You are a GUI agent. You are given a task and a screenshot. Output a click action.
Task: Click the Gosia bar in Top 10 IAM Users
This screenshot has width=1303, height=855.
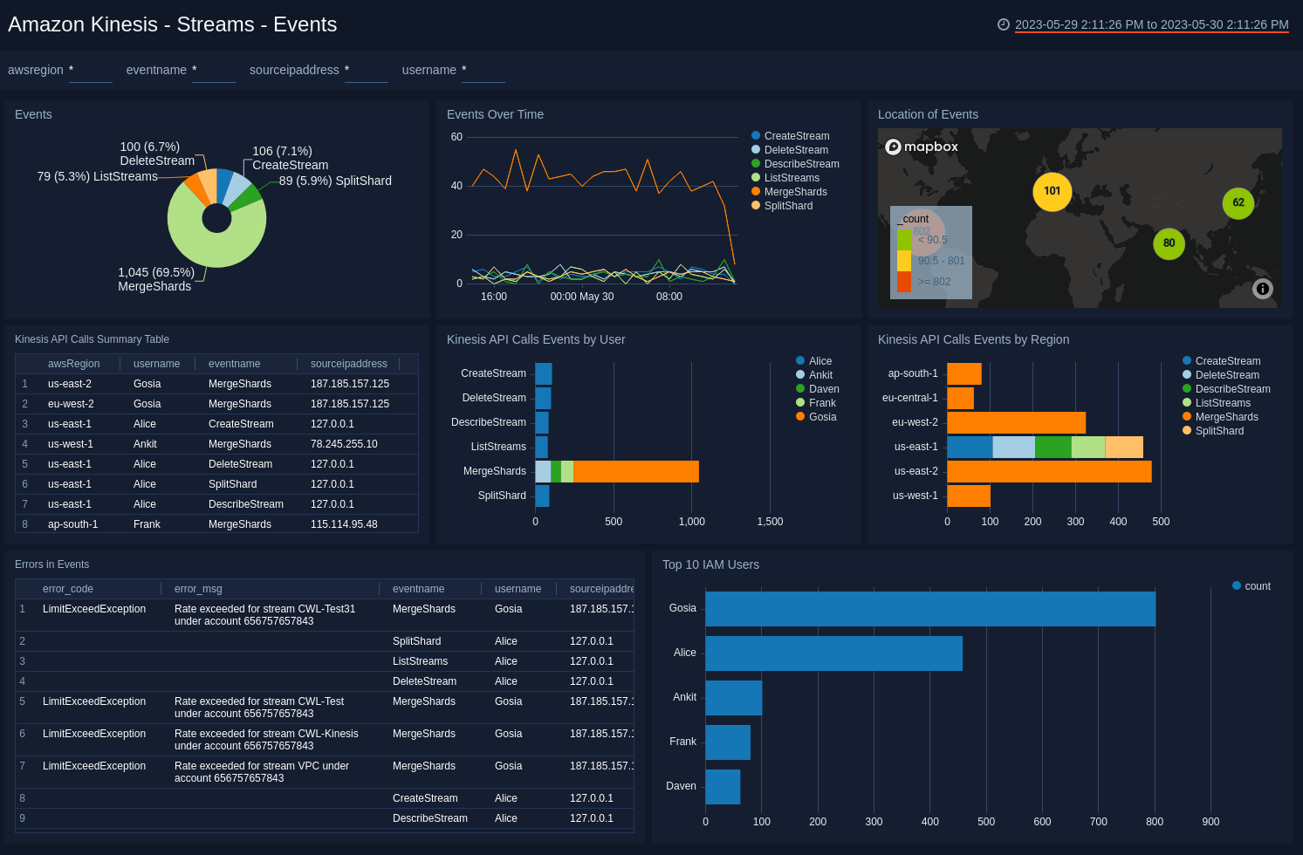tap(929, 609)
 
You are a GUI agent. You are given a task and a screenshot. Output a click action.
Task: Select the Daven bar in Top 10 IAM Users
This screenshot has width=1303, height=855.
tap(723, 787)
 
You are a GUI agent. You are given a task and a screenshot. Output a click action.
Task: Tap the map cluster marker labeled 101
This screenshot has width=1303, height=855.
tap(1052, 192)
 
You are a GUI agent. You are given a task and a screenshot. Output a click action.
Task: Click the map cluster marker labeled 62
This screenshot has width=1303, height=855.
tap(1238, 203)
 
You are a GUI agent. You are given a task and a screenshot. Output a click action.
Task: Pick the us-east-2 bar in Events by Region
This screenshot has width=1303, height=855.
tap(1048, 471)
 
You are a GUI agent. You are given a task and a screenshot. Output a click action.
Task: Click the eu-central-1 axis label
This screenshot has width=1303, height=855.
tap(909, 398)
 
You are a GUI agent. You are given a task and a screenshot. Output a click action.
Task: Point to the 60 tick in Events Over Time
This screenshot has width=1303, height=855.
tap(456, 137)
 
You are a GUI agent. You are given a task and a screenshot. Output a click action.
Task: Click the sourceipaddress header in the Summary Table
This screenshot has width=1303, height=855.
tap(348, 364)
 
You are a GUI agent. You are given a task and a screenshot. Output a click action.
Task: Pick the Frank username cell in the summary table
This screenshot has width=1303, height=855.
tap(147, 524)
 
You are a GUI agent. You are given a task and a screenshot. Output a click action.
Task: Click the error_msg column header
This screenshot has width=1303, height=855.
tap(198, 589)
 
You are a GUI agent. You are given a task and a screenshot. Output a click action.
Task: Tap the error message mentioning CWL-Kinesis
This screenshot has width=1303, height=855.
tap(266, 740)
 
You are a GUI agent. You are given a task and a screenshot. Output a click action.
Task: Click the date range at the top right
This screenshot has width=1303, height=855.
tap(1151, 24)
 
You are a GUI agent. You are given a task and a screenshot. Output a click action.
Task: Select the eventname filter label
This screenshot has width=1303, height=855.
tap(156, 70)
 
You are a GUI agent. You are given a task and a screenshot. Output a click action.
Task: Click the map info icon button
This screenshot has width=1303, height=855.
tap(1262, 289)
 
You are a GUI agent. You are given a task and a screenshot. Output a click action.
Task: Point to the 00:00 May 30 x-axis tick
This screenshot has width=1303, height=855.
tap(582, 297)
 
